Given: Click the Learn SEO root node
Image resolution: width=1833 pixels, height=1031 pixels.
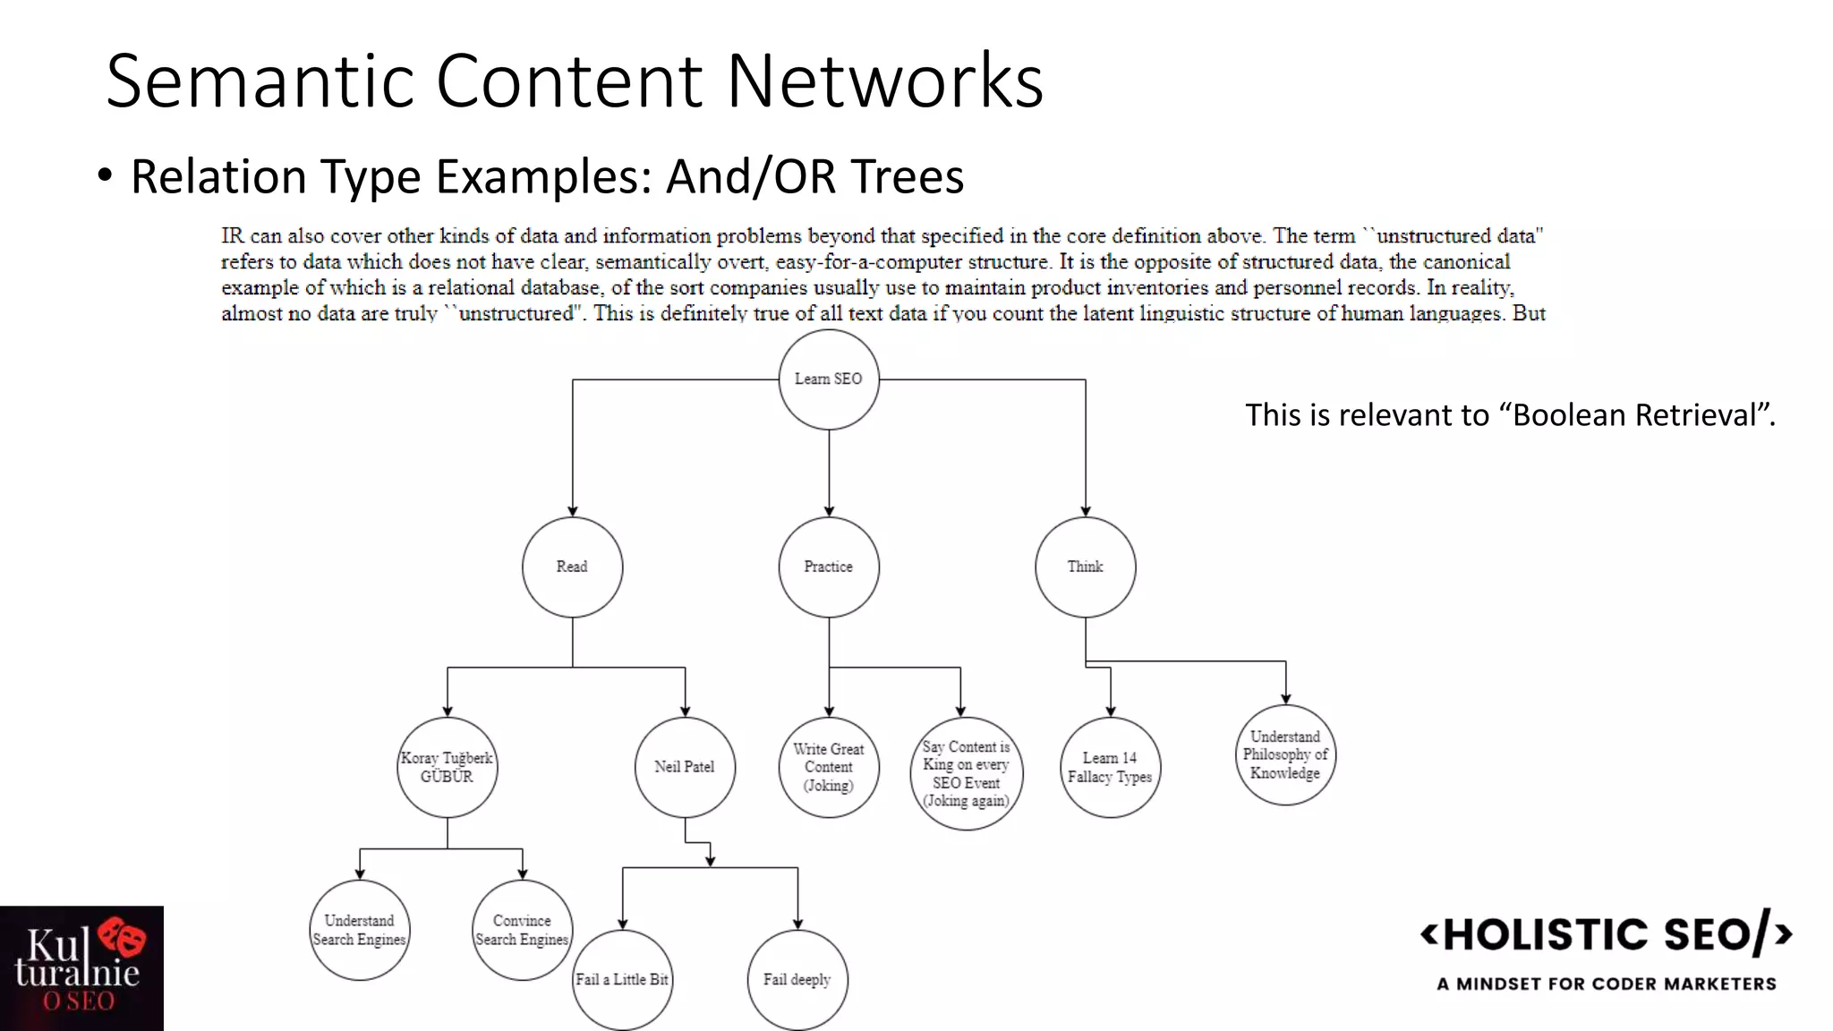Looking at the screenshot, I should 828,379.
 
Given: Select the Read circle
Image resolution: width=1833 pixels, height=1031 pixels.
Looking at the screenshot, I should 572,567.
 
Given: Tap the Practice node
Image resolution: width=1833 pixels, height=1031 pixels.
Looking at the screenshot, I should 828,567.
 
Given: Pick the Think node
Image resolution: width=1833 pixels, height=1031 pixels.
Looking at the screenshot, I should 1085,567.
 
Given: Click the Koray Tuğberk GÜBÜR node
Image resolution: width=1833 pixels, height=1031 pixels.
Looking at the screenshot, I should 447,767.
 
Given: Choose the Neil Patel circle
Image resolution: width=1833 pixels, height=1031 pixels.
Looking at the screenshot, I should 685,767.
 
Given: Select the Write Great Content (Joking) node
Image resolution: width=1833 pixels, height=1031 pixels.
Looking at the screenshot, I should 828,767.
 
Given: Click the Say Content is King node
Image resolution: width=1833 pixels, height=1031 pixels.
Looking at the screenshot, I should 966,773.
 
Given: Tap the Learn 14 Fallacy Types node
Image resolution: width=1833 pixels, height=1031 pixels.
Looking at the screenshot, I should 1110,767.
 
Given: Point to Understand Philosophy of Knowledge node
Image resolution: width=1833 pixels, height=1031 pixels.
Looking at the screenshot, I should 1285,754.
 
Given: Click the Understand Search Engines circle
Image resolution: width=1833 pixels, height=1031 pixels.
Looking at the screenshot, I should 359,930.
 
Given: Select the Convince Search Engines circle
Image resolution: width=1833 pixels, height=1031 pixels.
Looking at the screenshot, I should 522,930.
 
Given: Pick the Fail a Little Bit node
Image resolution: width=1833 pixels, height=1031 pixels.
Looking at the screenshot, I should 622,979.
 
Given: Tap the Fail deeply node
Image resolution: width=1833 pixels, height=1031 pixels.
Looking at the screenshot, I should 797,979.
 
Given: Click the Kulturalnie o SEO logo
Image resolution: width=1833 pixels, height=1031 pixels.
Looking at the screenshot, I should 81,968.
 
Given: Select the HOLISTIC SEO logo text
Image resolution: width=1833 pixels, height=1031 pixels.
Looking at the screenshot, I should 1607,934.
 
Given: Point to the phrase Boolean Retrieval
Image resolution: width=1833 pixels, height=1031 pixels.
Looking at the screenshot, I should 1634,415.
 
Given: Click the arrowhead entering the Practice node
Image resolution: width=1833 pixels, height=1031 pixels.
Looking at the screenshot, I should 829,511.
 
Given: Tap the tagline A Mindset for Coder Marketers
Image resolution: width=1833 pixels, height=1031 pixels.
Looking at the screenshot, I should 1607,984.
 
